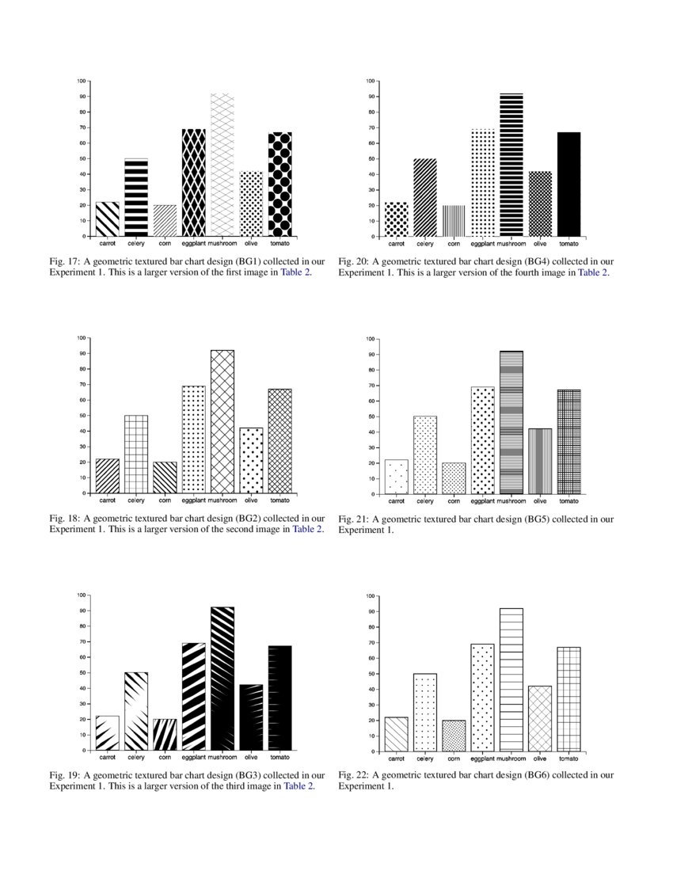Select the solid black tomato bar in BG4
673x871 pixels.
coord(568,184)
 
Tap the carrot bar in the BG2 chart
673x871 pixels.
coord(108,477)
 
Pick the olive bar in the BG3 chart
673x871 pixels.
coord(251,717)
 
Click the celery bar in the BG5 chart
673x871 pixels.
coord(424,455)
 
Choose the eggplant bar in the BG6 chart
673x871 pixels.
coord(482,698)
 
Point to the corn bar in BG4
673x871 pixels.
coord(454,221)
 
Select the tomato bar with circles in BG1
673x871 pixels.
coord(279,184)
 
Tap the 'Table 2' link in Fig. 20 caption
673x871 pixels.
coord(593,272)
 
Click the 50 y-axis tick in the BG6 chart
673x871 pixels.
coord(371,674)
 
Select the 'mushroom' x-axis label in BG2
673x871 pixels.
coord(222,500)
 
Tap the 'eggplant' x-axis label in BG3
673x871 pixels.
coord(193,758)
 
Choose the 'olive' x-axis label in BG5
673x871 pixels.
coord(540,500)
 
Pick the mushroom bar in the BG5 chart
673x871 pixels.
coord(511,422)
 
